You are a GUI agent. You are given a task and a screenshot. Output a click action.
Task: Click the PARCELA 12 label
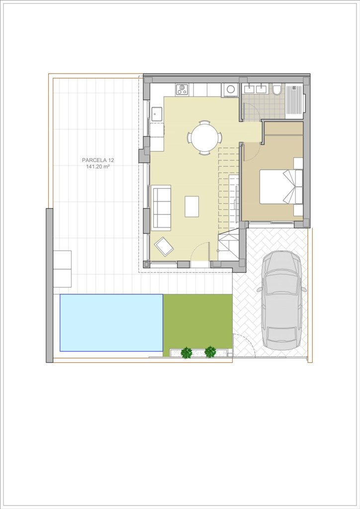(x=98, y=160)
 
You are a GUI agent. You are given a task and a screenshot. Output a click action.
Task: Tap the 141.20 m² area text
(x=98, y=167)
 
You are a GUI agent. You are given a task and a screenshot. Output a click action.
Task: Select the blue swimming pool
(x=111, y=323)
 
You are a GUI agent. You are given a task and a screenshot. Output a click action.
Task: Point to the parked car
(x=281, y=301)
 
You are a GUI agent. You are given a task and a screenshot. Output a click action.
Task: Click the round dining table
(x=205, y=138)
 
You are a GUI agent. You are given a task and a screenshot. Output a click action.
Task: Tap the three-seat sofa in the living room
(x=161, y=208)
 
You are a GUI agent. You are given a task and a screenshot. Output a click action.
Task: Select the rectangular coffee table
(x=192, y=206)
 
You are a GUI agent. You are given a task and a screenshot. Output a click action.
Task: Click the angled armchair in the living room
(x=164, y=246)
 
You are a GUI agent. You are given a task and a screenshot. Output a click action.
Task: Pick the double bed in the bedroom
(x=281, y=187)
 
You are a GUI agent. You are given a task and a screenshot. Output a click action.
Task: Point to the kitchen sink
(x=157, y=114)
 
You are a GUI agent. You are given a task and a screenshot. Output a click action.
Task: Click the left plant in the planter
(x=186, y=352)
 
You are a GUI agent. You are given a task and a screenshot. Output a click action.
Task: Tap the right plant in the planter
(x=211, y=352)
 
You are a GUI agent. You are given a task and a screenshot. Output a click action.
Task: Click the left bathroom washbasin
(x=250, y=88)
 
